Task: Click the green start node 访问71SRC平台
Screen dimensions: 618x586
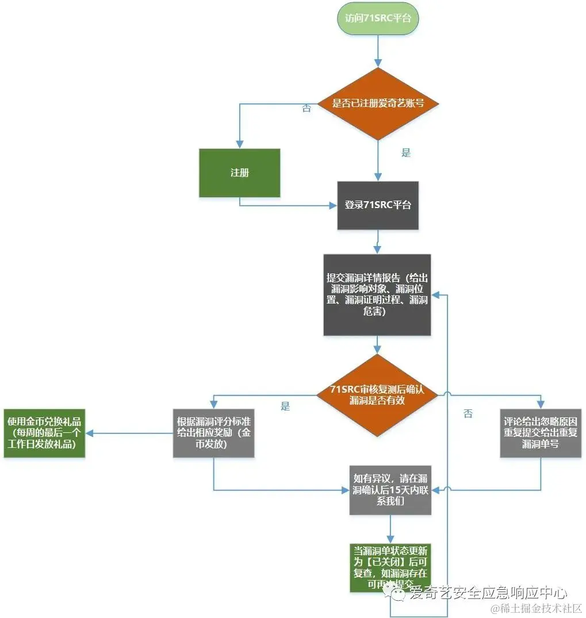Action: [378, 18]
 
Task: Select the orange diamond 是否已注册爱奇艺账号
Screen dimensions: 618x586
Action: [378, 103]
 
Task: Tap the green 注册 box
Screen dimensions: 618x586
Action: [240, 172]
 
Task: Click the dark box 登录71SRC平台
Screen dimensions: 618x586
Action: [378, 205]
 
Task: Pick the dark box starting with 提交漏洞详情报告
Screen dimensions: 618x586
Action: [377, 294]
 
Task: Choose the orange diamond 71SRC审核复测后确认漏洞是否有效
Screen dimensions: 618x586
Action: [377, 395]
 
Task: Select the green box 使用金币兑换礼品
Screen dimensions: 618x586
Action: [44, 433]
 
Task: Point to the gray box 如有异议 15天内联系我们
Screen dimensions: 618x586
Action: [390, 490]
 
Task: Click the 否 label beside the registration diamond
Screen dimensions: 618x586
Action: [306, 109]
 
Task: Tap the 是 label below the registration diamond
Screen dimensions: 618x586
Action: [406, 153]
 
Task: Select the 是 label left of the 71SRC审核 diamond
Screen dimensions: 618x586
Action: [285, 407]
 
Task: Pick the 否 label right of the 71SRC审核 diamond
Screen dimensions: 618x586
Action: [468, 414]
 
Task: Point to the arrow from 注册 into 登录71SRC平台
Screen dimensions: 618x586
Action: [288, 205]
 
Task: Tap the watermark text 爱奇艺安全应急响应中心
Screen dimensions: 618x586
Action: [488, 593]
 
